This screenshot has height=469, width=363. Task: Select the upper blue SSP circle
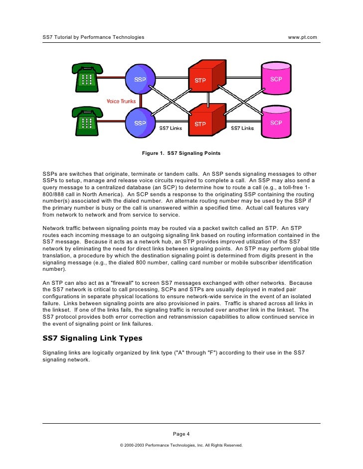point(140,79)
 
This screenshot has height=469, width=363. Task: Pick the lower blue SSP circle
point(140,122)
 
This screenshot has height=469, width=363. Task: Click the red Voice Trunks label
point(121,102)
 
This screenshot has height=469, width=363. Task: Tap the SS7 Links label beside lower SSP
point(171,128)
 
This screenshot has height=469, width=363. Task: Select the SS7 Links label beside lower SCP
point(242,128)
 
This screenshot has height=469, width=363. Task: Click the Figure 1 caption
point(181,153)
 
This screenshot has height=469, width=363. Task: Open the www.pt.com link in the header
point(303,37)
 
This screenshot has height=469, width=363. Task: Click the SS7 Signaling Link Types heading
point(92,339)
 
